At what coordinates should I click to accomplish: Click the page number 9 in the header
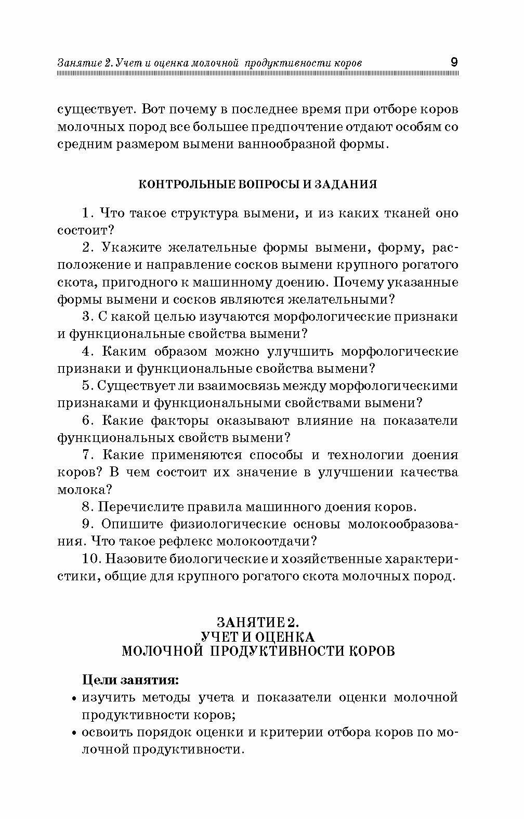click(x=453, y=62)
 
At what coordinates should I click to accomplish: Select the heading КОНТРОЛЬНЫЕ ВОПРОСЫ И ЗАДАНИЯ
click(x=257, y=185)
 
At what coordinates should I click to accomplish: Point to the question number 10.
click(x=90, y=559)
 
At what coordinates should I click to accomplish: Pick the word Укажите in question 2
click(x=126, y=248)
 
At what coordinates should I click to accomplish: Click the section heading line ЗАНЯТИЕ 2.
click(x=258, y=622)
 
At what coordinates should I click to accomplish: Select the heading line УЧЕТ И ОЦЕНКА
click(x=257, y=636)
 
